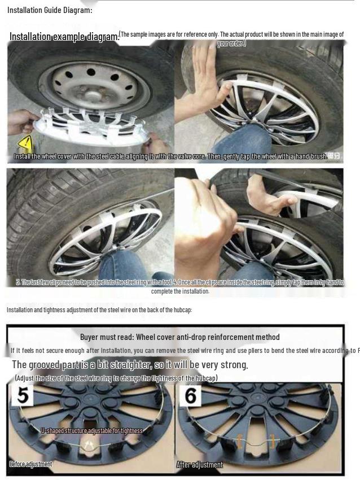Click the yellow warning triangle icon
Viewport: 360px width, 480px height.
pyautogui.click(x=25, y=145)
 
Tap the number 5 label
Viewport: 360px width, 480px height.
pyautogui.click(x=23, y=395)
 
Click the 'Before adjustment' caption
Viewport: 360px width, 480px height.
pyautogui.click(x=30, y=464)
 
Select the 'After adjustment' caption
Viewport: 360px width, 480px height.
pyautogui.click(x=200, y=465)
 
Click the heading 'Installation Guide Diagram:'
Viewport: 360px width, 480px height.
pyautogui.click(x=50, y=10)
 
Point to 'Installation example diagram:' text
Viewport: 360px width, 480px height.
pyautogui.click(x=64, y=37)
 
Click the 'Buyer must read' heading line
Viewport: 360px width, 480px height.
pyautogui.click(x=179, y=337)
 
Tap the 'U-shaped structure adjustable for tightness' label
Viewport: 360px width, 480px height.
pyautogui.click(x=91, y=430)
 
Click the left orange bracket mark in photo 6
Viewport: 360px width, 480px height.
pyautogui.click(x=239, y=440)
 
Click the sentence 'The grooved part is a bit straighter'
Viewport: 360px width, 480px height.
pyautogui.click(x=130, y=365)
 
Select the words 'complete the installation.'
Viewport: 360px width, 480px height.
pyautogui.click(x=180, y=291)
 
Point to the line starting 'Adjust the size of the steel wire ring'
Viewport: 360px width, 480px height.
pyautogui.click(x=116, y=378)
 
